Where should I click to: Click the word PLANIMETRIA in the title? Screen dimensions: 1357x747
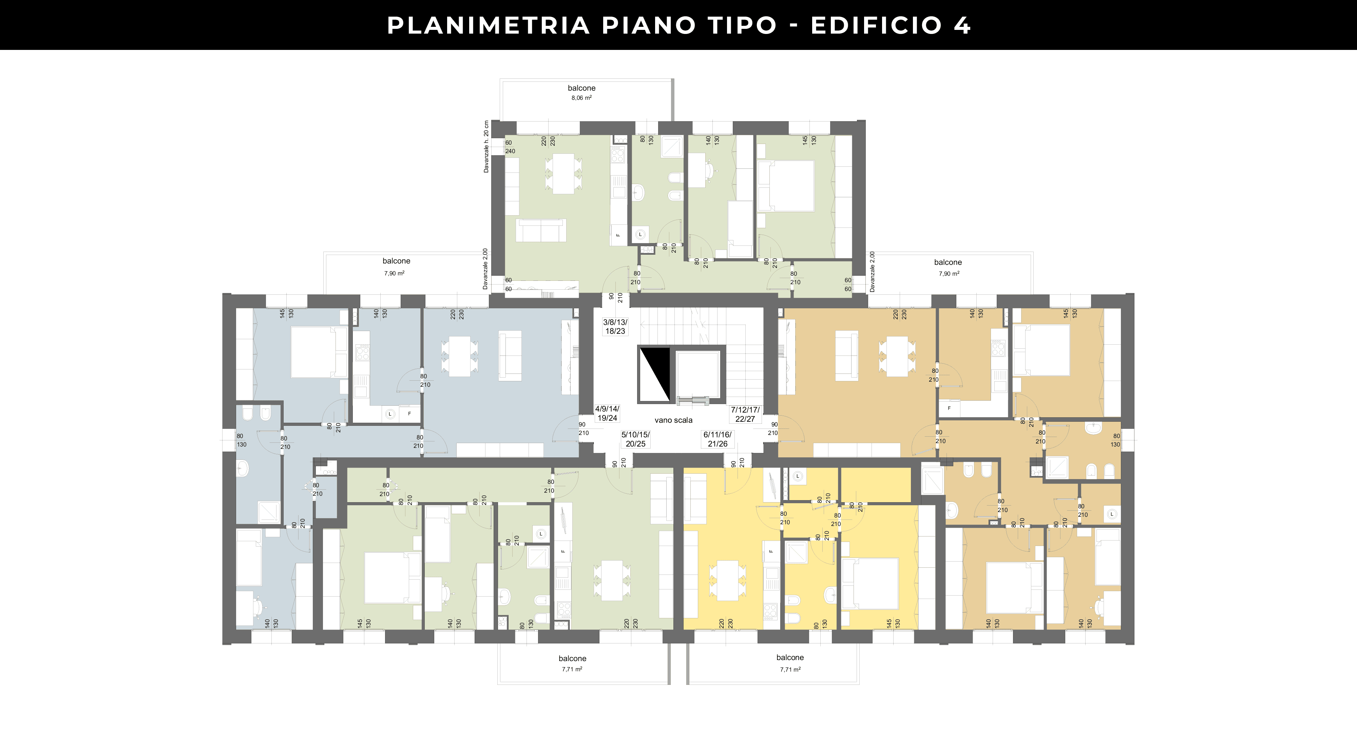point(488,25)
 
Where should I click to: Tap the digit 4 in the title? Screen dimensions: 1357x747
point(962,25)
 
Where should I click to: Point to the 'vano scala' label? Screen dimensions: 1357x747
point(673,420)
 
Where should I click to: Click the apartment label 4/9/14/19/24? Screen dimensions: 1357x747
point(607,413)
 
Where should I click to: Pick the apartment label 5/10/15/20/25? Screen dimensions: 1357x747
point(635,439)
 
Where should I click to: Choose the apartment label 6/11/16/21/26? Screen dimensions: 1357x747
point(718,439)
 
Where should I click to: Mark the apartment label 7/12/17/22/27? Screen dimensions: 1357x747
point(745,414)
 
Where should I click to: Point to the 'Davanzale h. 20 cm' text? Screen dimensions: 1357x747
point(486,147)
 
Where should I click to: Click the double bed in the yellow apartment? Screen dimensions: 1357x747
point(870,584)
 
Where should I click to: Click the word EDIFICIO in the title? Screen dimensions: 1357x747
point(876,25)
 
